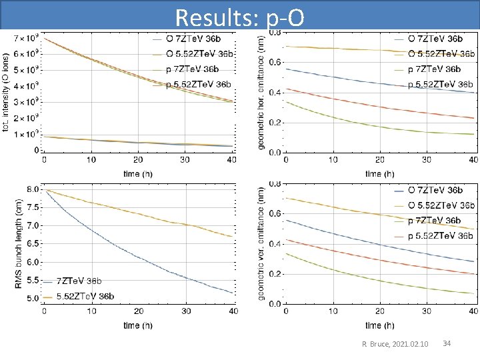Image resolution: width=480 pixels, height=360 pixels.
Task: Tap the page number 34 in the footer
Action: (447, 343)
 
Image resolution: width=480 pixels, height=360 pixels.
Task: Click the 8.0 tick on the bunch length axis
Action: (32, 189)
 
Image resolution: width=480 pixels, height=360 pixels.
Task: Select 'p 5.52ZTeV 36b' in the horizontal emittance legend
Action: (440, 84)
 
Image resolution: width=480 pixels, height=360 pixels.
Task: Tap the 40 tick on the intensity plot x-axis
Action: (231, 160)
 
